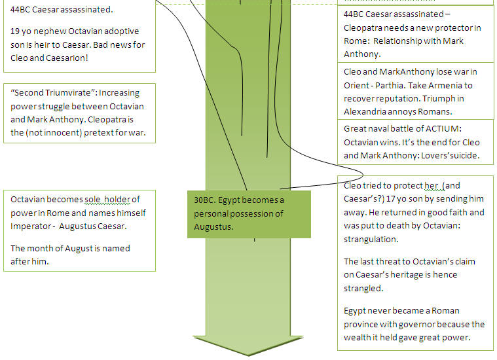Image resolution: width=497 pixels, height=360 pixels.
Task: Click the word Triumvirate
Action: point(70,93)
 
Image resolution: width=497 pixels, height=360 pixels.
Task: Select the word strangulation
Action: point(371,240)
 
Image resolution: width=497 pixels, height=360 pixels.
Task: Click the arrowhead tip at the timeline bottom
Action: point(248,356)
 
